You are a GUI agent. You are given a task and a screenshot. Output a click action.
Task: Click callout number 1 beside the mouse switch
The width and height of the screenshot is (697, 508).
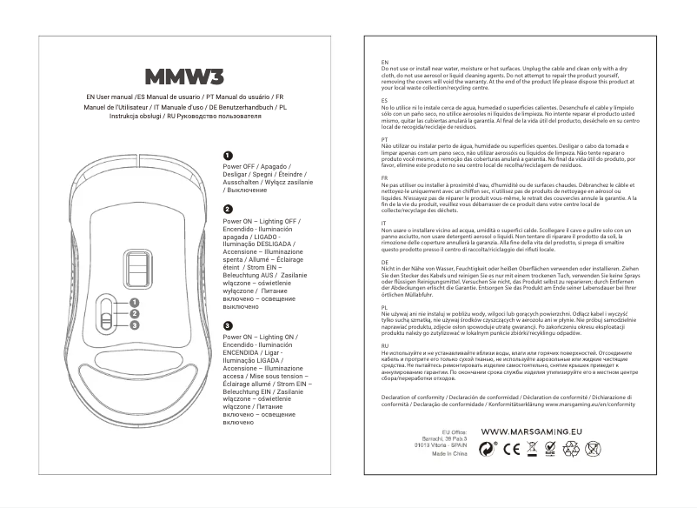134,303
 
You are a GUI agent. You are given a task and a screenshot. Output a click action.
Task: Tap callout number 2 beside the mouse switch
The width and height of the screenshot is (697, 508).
134,314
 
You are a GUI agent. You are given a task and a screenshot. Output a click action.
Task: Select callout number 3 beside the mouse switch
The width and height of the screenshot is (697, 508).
134,325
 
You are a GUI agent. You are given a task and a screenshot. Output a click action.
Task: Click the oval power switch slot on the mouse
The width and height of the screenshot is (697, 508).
105,313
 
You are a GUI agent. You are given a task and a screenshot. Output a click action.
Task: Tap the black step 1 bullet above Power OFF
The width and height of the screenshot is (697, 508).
227,155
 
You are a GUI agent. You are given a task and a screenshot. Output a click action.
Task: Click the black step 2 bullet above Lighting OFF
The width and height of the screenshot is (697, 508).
227,211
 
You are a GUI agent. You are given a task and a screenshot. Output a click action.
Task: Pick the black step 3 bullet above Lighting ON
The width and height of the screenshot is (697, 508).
227,324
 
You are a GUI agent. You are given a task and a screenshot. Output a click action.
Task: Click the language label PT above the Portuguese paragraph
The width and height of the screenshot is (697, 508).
384,138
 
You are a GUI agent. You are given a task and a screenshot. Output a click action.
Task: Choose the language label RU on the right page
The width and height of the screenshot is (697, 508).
385,345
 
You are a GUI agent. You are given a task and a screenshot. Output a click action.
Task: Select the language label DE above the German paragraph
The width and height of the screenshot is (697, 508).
385,261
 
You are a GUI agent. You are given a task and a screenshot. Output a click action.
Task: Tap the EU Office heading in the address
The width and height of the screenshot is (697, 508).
455,431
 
